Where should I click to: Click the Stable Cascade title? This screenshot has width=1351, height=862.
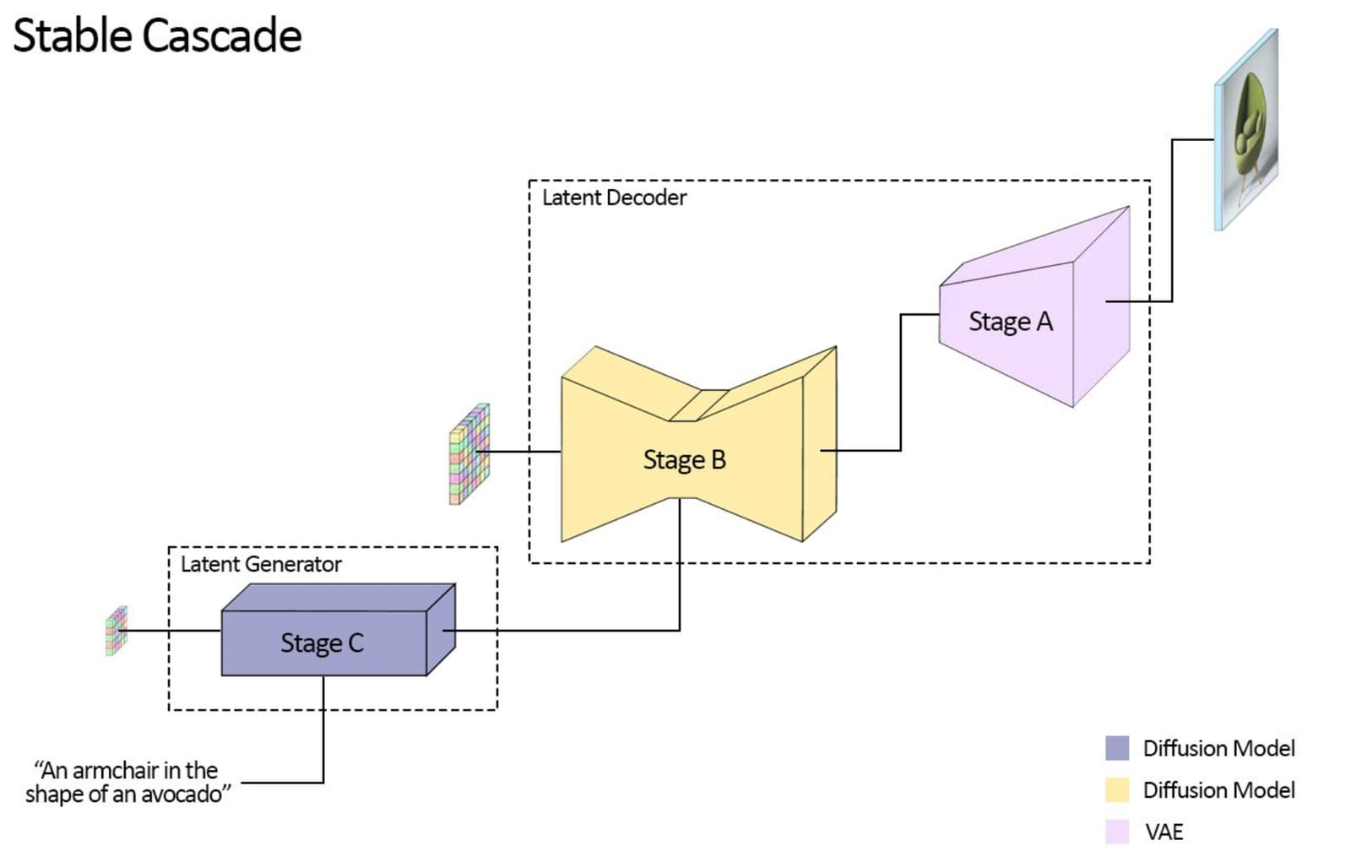157,35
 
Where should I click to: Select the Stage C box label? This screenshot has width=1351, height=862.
323,643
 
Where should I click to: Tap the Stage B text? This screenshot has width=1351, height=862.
685,460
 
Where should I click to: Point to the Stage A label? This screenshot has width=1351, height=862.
1012,322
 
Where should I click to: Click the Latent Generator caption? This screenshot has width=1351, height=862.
261,565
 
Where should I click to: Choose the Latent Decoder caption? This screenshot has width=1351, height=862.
614,198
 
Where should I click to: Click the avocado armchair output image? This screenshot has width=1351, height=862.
1246,130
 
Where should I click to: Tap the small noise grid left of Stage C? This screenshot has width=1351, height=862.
117,631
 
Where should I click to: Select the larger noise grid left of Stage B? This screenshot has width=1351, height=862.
469,454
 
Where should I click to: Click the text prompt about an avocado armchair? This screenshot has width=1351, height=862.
128,783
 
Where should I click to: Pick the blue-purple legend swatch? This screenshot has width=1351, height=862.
1117,748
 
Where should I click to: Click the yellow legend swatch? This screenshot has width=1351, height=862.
1117,790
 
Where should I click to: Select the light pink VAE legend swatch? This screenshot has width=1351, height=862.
1117,832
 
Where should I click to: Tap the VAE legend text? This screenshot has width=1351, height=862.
1164,832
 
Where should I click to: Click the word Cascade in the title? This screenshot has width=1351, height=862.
222,35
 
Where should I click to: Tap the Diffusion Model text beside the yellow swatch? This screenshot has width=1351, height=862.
1219,790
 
